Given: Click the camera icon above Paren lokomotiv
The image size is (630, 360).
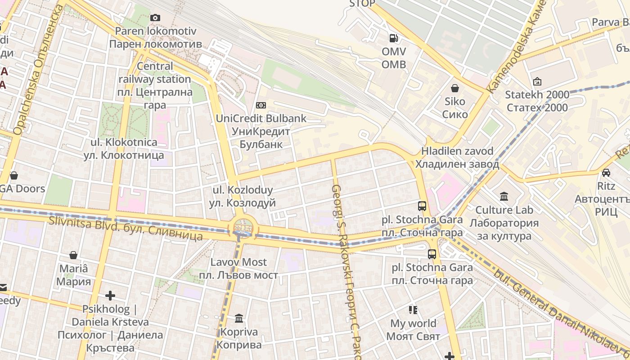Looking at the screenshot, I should (155, 18).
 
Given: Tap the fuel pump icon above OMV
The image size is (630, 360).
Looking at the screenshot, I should (394, 38).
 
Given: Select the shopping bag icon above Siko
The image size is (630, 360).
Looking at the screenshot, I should (455, 88).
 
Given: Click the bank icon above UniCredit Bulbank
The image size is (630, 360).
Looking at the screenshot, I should (261, 105).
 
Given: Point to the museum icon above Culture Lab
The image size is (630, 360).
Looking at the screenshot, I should (504, 197).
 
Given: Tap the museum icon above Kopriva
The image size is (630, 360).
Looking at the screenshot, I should (239, 319).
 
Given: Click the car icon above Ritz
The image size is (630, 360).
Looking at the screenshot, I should (606, 172).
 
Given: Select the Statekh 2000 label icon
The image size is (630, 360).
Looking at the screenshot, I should (537, 82).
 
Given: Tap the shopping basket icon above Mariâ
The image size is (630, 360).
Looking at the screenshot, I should (73, 255).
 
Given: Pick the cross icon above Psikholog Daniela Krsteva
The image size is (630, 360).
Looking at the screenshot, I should (110, 296).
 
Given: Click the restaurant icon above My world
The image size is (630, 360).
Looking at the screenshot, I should (413, 310).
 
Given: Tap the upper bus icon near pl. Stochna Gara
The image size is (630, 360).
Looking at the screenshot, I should (422, 206).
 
